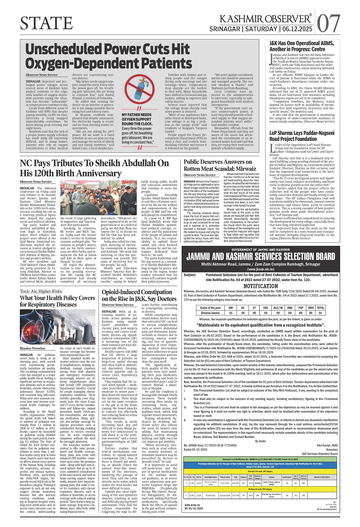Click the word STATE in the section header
pos(46,23)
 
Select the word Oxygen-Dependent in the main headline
pos(83,63)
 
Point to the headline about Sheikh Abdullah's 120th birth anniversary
pos(94,168)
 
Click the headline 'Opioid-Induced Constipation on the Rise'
pos(139,295)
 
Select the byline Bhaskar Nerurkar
pos(32,348)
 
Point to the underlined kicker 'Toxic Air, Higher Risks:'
pos(45,291)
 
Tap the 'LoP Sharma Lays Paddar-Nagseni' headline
pos(302,136)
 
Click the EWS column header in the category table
pos(311,308)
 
